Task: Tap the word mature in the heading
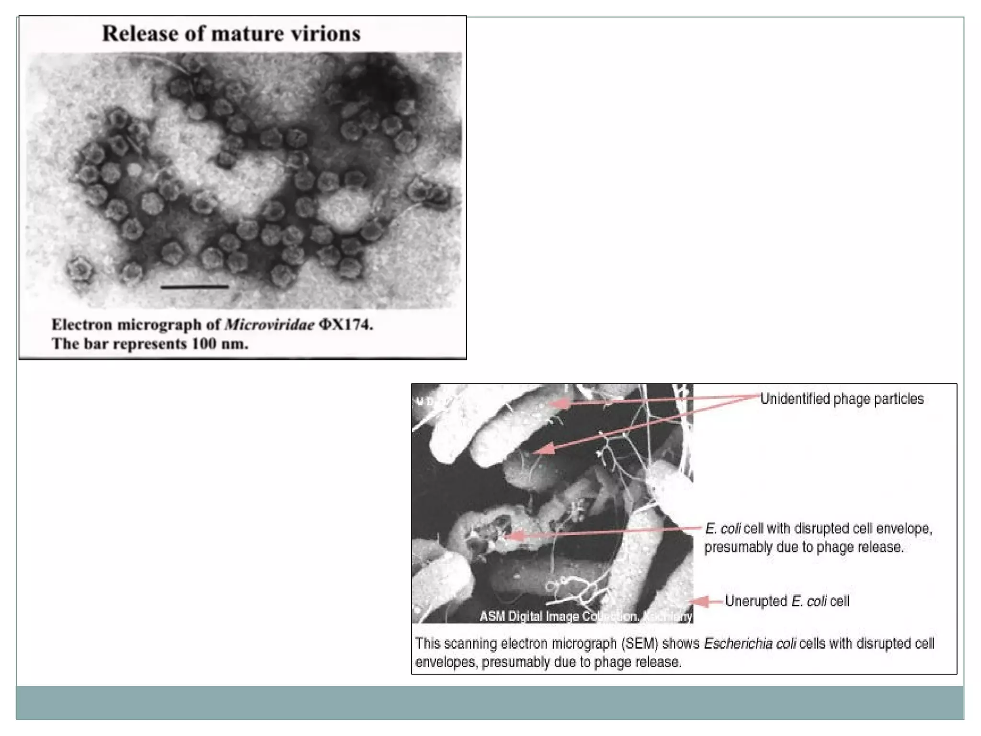(250, 34)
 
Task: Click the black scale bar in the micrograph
(194, 287)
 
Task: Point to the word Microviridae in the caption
(270, 325)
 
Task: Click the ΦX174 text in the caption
(345, 325)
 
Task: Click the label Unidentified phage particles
(842, 399)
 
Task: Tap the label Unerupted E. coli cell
(787, 601)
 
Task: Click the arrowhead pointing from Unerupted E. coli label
(699, 601)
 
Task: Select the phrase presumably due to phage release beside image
(804, 547)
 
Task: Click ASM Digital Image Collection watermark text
(558, 617)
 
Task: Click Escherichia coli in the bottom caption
(750, 644)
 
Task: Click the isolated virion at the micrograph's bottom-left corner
(80, 269)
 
